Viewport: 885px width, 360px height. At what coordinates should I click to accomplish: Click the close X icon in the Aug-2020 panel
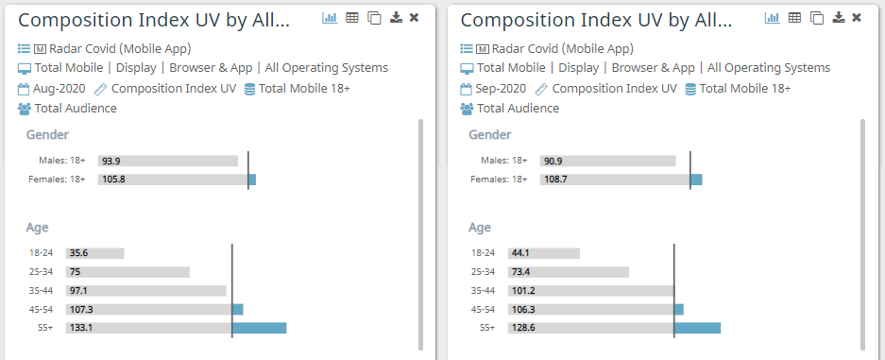tap(414, 18)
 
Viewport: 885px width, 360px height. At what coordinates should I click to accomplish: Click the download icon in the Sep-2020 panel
tap(838, 18)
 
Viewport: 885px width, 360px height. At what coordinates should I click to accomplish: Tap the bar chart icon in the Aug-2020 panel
tap(330, 18)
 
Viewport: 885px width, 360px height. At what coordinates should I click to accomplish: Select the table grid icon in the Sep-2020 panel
tap(794, 18)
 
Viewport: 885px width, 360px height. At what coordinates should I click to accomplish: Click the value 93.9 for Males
tap(111, 162)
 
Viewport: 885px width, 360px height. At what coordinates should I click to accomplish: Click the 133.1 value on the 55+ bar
tap(80, 328)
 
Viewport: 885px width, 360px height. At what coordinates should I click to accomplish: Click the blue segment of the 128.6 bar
tap(697, 328)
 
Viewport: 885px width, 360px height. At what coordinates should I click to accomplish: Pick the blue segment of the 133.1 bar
tap(259, 328)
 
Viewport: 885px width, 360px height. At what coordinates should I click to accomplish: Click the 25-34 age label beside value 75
tap(41, 272)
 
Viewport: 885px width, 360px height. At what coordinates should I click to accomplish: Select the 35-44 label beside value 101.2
tap(483, 290)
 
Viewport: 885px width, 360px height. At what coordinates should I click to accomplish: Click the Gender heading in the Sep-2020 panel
tap(490, 135)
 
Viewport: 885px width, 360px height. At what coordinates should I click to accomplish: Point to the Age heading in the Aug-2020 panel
tap(37, 228)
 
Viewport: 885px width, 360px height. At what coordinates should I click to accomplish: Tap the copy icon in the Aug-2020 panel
tap(374, 18)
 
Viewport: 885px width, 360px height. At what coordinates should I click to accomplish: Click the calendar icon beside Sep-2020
tap(466, 89)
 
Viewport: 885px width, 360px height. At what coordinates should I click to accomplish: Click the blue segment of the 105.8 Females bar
tap(252, 180)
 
